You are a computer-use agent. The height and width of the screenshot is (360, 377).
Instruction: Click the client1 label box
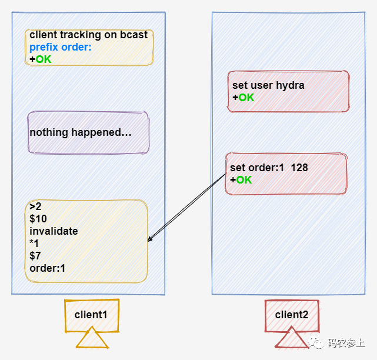point(91,315)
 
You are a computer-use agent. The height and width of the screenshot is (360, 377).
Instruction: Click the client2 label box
point(292,315)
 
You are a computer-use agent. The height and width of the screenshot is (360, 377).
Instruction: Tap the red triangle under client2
point(292,339)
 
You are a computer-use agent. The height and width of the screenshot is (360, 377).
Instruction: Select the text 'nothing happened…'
point(81,132)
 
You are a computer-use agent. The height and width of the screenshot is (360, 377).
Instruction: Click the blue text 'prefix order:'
point(61,47)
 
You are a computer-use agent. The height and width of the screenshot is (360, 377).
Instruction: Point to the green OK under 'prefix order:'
point(43,59)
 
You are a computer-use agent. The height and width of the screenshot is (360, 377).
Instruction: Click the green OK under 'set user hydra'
point(246,97)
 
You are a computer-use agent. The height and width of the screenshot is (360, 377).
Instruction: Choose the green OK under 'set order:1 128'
point(243,179)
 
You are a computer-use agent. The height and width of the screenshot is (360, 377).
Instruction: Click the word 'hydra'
point(291,85)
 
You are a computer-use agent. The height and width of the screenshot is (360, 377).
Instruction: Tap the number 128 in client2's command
point(299,168)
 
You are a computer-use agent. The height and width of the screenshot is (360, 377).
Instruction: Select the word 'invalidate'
point(54,231)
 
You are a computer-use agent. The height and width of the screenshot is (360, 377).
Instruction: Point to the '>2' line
point(35,206)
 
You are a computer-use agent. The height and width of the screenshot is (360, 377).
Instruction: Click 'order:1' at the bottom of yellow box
point(47,268)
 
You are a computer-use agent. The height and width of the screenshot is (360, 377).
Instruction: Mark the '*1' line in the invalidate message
point(35,244)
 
